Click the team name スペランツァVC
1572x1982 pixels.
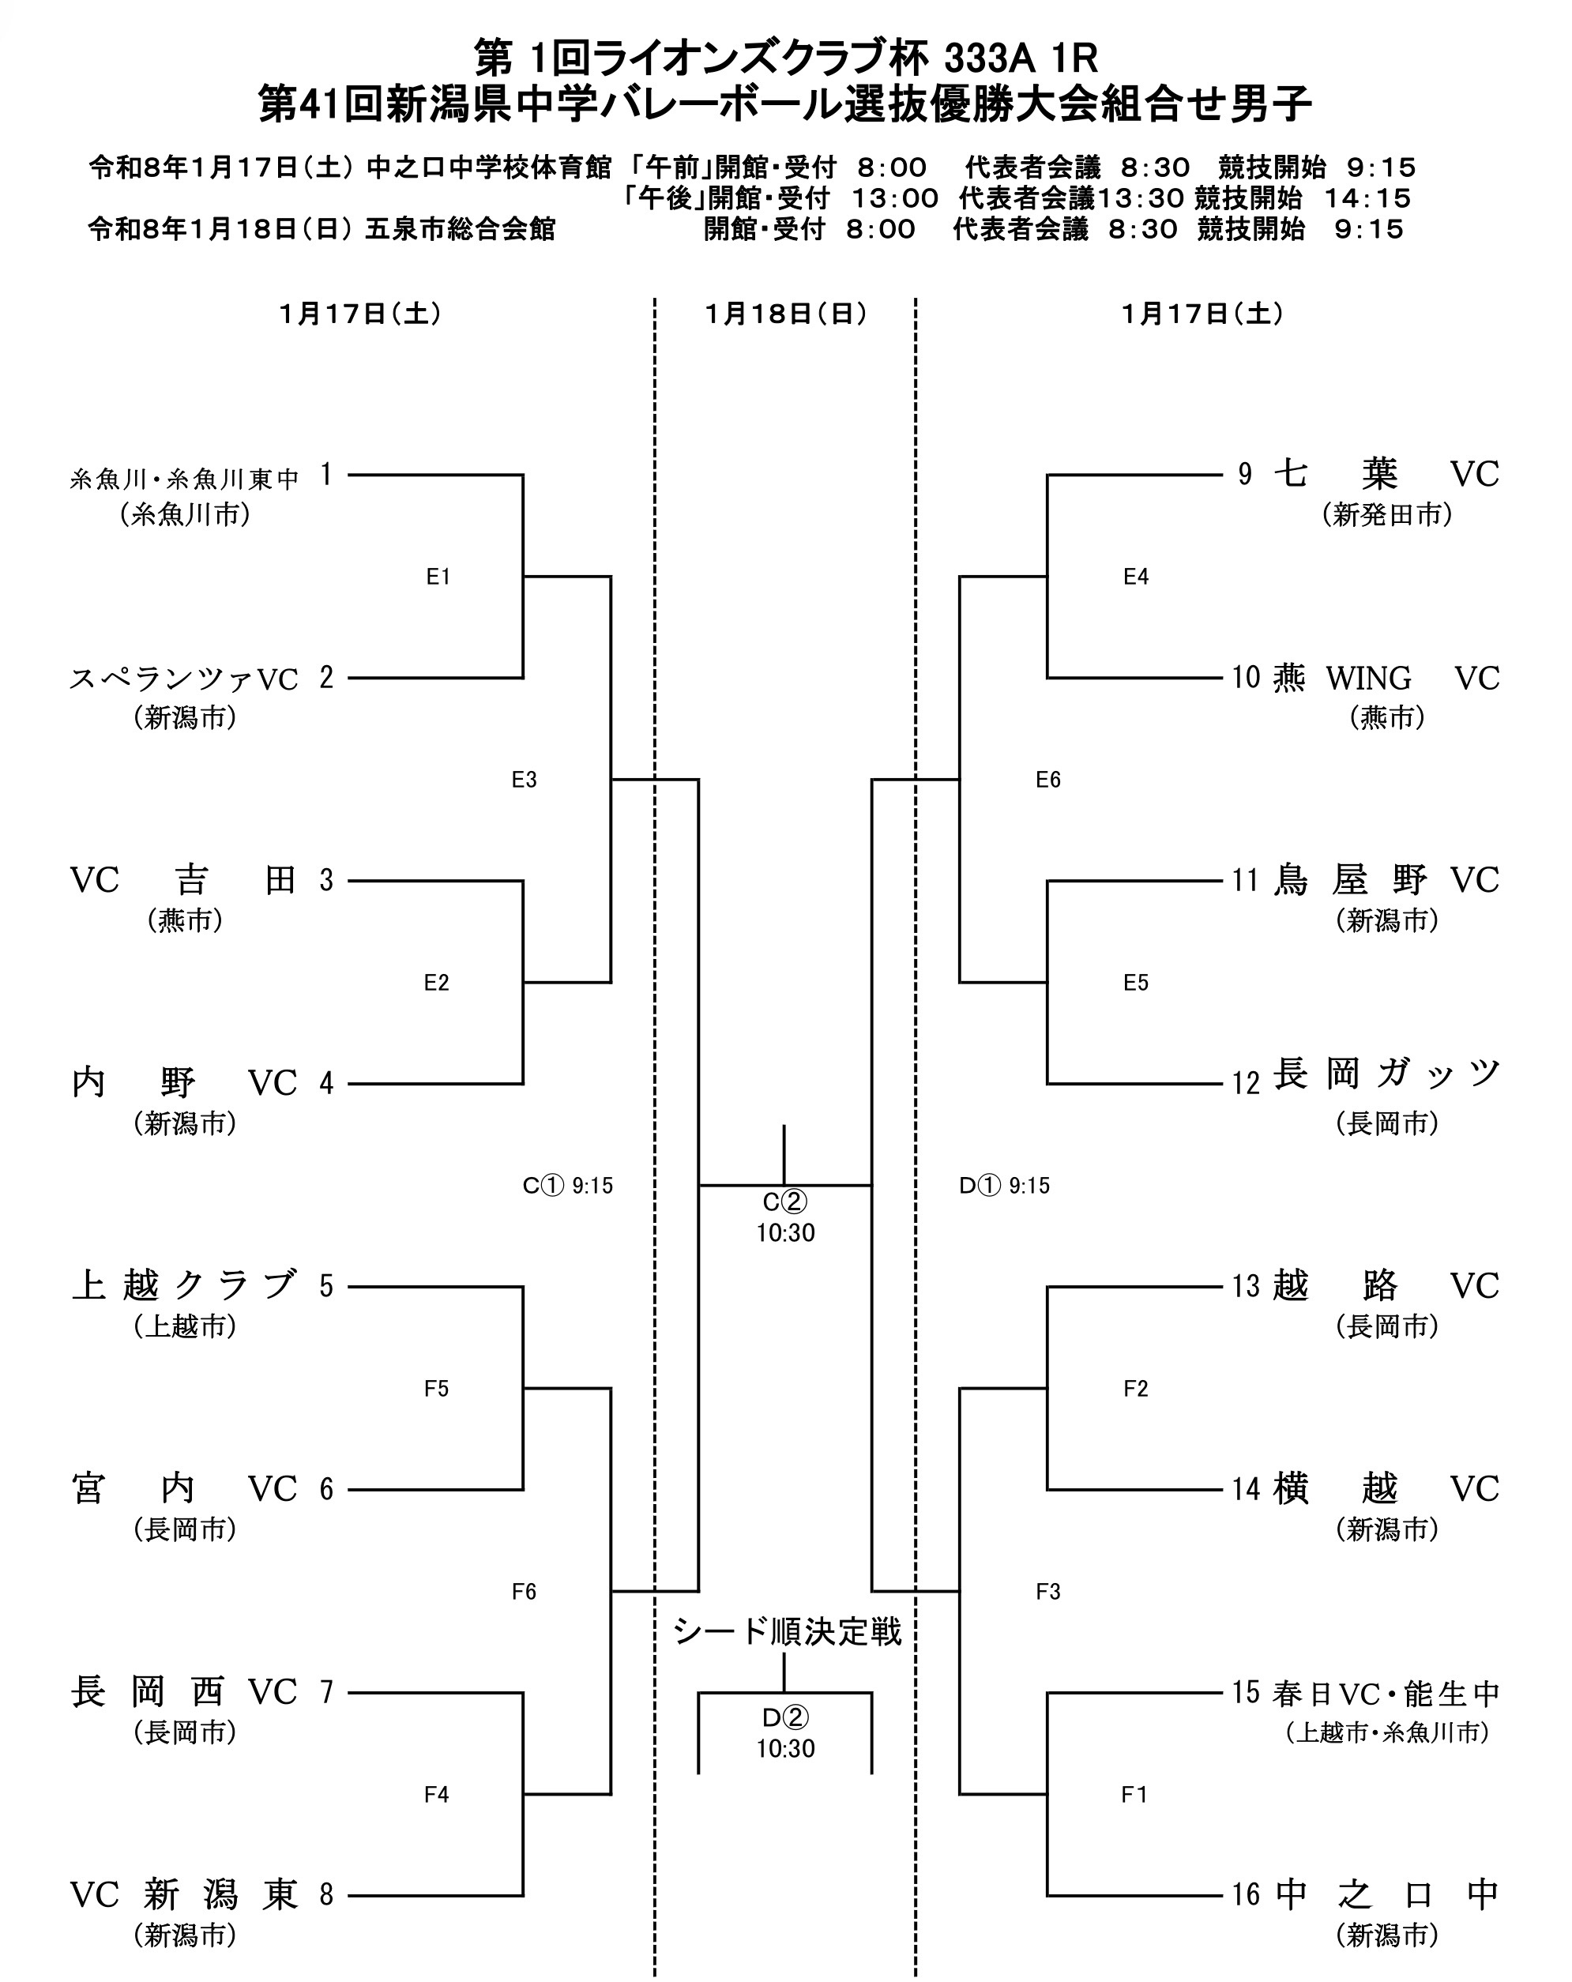click(x=184, y=679)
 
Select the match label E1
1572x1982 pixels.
click(x=438, y=577)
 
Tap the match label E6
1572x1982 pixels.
click(x=1047, y=780)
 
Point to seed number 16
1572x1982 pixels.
click(x=1245, y=1894)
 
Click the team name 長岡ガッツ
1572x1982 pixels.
click(x=1386, y=1074)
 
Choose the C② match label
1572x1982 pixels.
click(x=784, y=1202)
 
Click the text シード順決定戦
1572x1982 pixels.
click(x=786, y=1632)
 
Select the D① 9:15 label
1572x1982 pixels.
click(x=1004, y=1186)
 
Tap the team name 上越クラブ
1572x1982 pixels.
click(x=184, y=1285)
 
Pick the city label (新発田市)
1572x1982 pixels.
click(x=1386, y=515)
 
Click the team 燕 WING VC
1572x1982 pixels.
click(x=1386, y=679)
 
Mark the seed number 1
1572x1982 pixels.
click(x=325, y=476)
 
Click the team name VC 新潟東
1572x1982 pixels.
click(x=184, y=1894)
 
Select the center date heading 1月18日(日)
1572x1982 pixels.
click(x=785, y=314)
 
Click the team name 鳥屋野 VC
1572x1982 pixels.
click(x=1386, y=880)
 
